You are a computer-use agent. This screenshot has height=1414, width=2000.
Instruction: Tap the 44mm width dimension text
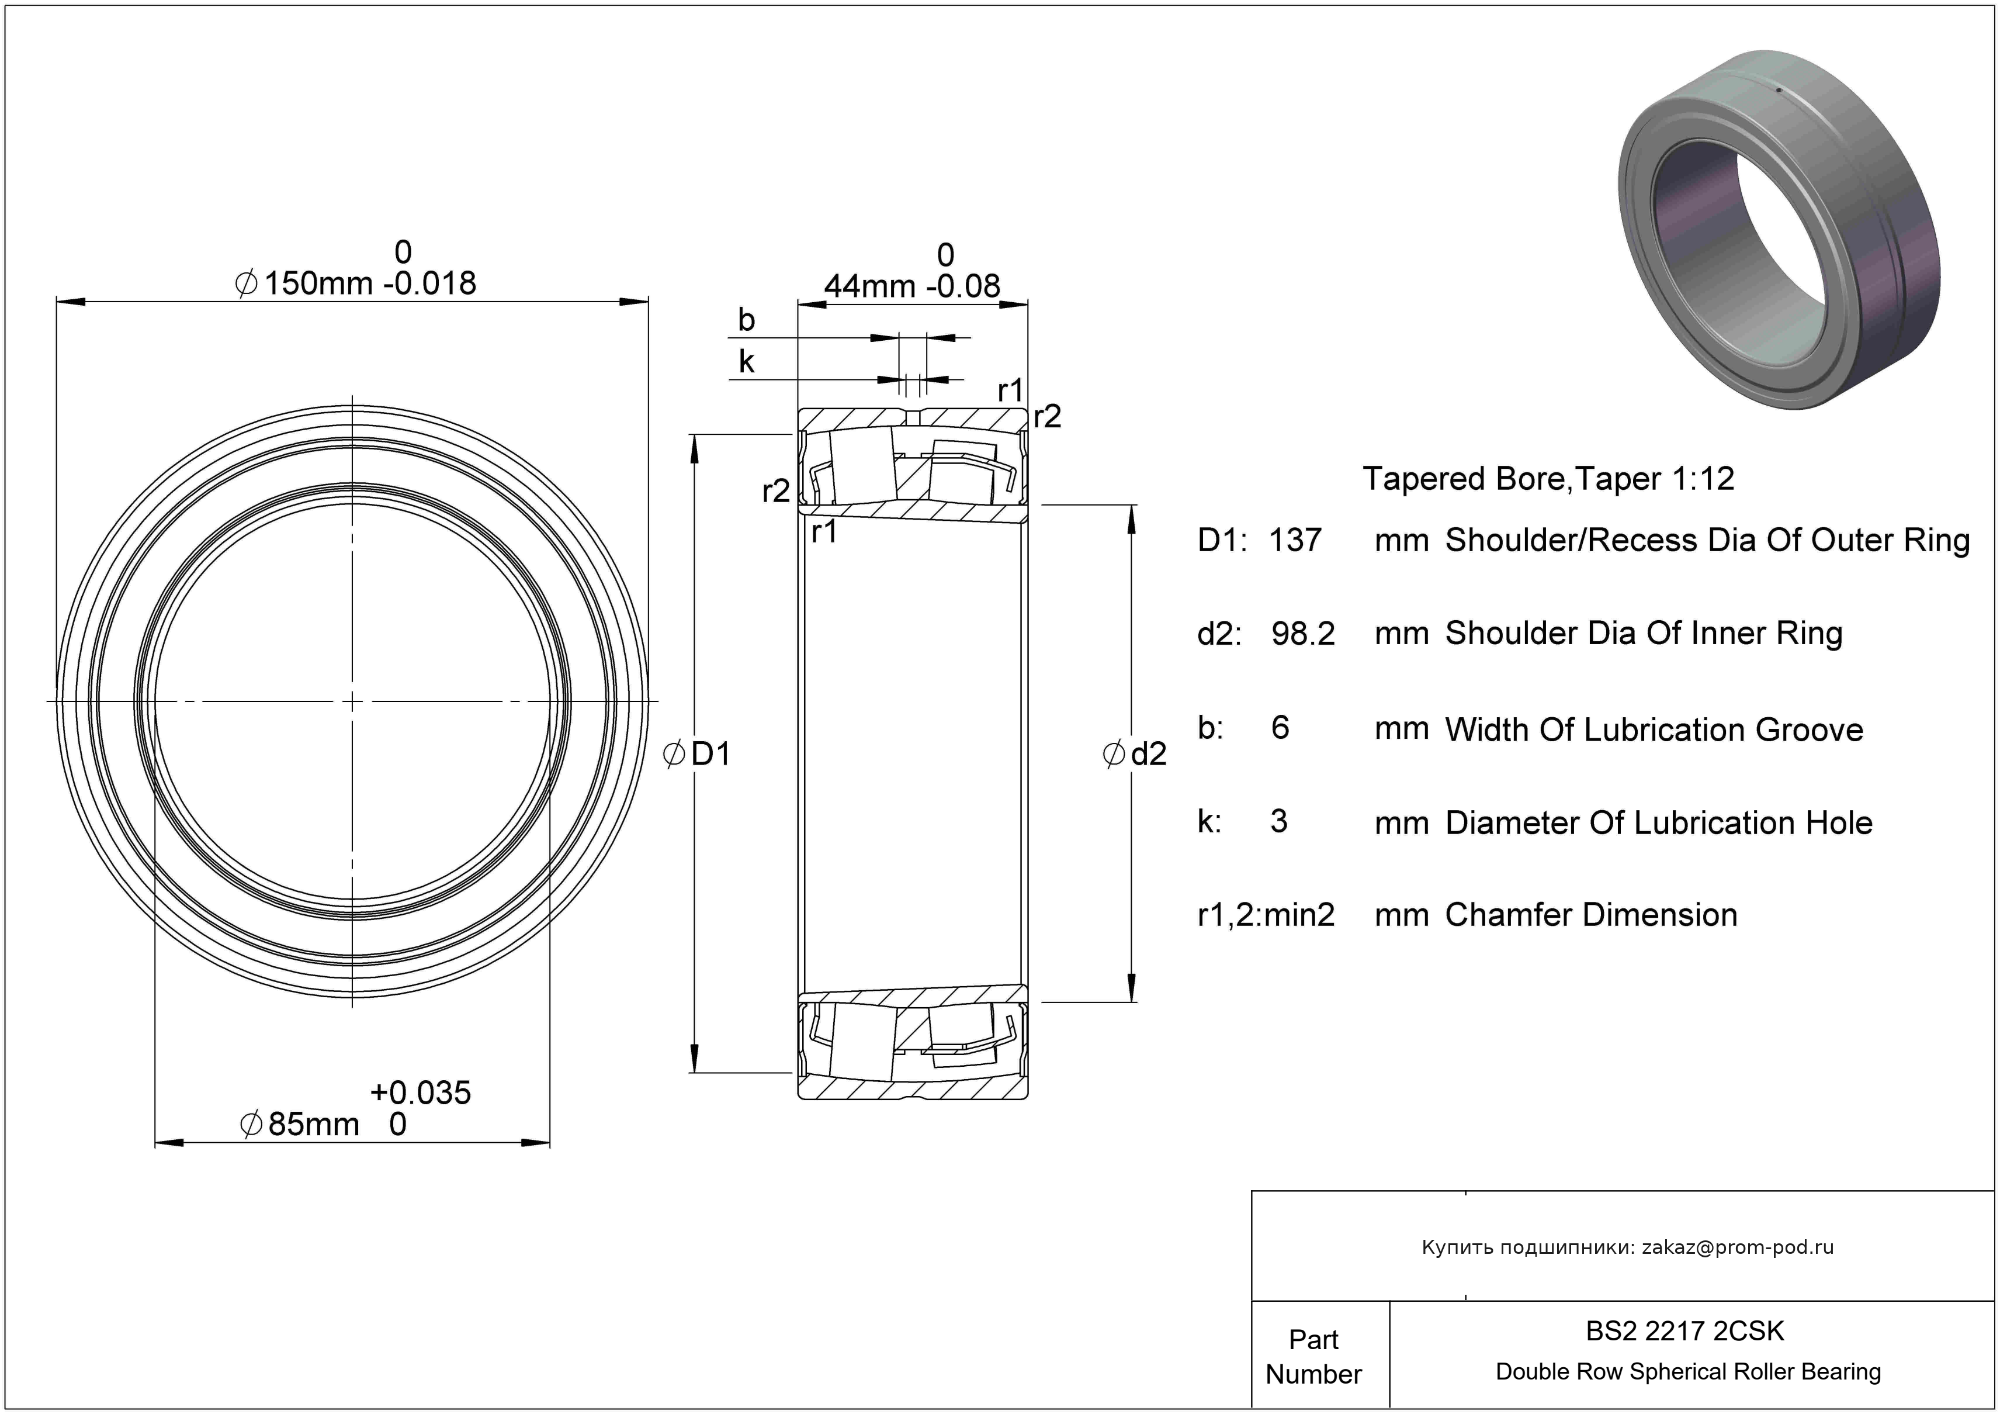pyautogui.click(x=870, y=286)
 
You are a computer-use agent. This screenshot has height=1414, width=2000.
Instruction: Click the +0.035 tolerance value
pyautogui.click(x=421, y=1093)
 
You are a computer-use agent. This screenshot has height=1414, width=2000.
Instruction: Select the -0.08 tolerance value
pyautogui.click(x=963, y=286)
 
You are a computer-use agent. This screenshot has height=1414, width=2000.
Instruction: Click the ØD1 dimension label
pyautogui.click(x=697, y=753)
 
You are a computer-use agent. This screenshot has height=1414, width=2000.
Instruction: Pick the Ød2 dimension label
pyautogui.click(x=1134, y=753)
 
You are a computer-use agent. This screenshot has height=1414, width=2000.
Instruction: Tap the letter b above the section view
pyautogui.click(x=747, y=320)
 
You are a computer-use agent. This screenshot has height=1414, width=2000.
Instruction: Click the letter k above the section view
pyautogui.click(x=747, y=362)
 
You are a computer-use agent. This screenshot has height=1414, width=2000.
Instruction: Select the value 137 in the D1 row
pyautogui.click(x=1295, y=540)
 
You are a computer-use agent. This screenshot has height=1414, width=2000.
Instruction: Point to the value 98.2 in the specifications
pyautogui.click(x=1303, y=634)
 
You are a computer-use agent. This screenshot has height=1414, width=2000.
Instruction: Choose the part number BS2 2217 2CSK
pyautogui.click(x=1684, y=1331)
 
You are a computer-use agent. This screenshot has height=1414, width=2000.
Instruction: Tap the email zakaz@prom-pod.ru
pyautogui.click(x=1738, y=1247)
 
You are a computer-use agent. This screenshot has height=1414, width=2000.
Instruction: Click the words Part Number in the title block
pyautogui.click(x=1313, y=1357)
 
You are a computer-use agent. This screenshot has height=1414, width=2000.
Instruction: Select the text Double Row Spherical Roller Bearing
pyautogui.click(x=1688, y=1372)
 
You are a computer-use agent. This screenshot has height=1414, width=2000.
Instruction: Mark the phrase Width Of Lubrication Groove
pyautogui.click(x=1654, y=730)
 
